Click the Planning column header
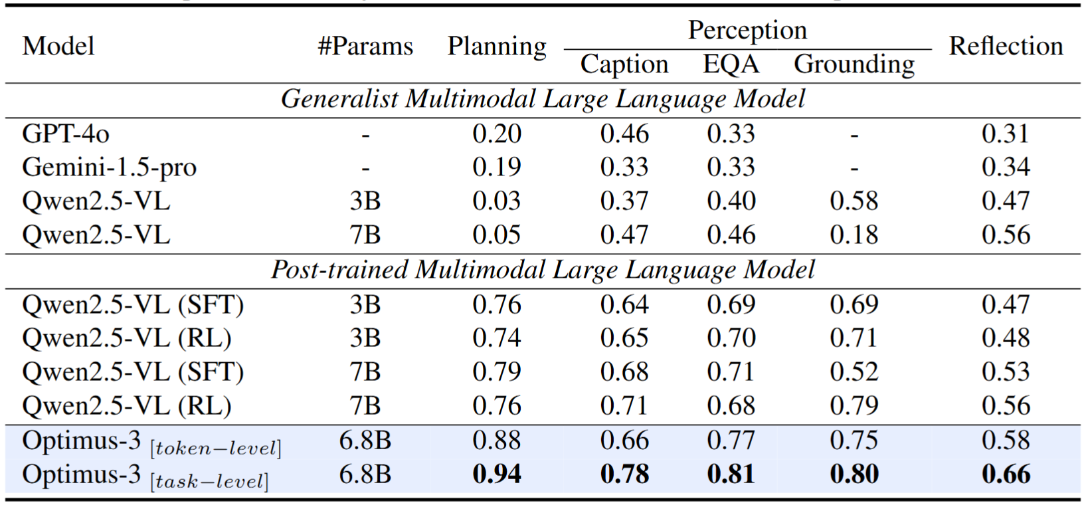click(x=497, y=47)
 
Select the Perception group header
click(x=747, y=31)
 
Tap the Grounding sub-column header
click(x=854, y=64)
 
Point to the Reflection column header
click(x=1006, y=47)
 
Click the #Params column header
click(x=365, y=47)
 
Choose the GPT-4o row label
click(x=66, y=134)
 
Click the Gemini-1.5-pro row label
click(x=109, y=167)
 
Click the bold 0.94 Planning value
click(x=497, y=474)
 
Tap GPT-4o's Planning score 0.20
click(x=497, y=134)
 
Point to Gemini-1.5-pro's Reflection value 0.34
click(x=1006, y=167)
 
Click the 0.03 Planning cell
click(x=497, y=201)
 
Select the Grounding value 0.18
click(x=854, y=235)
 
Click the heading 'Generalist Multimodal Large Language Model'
click(x=543, y=100)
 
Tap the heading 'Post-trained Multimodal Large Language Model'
click(x=543, y=270)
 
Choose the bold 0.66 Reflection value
click(x=1006, y=474)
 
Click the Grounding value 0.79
click(x=854, y=406)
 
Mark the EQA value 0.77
click(x=731, y=441)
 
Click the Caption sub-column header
click(x=624, y=64)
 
